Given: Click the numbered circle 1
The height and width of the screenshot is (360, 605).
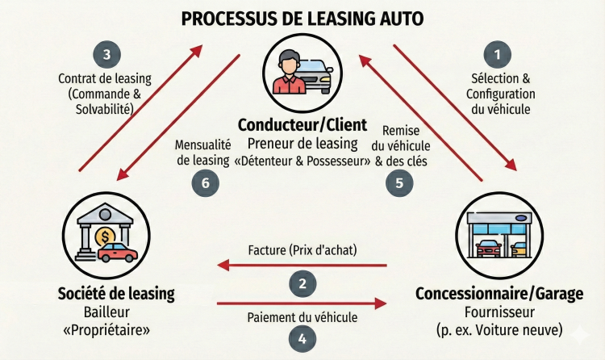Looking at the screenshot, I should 498,55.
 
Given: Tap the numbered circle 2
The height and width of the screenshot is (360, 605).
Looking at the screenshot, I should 302,283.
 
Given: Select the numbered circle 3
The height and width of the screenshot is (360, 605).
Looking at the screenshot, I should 106,55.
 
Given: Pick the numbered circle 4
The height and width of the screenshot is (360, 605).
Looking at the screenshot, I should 302,338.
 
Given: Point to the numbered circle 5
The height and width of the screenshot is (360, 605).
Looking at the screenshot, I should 398,182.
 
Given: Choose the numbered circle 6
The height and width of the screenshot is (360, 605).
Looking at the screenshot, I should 205,182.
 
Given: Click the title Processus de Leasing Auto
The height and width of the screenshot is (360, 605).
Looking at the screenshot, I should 302,18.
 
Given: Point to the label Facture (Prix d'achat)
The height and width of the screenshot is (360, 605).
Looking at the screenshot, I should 302,249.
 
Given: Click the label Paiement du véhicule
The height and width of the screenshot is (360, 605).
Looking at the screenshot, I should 302,317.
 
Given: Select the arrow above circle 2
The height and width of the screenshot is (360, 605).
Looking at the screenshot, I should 302,264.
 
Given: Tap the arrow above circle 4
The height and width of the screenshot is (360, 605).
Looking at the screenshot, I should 302,303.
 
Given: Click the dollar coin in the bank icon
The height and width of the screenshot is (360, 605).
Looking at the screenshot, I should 103,237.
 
